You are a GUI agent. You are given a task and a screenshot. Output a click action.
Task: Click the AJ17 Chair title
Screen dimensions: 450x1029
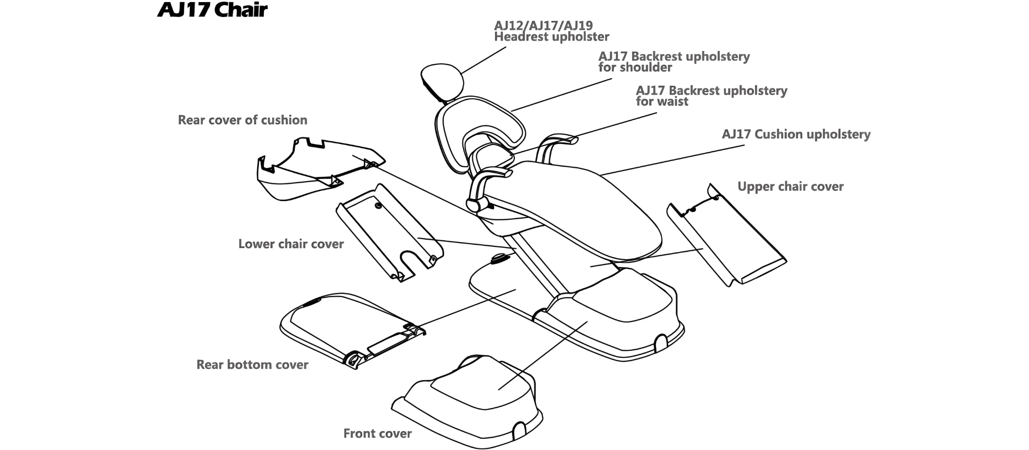tap(212, 10)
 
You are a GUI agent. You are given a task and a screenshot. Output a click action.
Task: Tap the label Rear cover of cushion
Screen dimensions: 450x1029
tap(242, 120)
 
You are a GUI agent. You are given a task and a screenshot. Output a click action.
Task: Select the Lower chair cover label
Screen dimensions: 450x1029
tap(291, 244)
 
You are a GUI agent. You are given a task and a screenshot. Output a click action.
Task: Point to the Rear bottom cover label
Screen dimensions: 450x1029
tap(252, 365)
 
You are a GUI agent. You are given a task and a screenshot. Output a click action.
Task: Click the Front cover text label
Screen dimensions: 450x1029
tap(377, 434)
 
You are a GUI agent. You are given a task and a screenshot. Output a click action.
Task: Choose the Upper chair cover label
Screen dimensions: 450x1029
tap(790, 187)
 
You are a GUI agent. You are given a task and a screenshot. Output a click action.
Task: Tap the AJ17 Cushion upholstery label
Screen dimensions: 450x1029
tap(796, 134)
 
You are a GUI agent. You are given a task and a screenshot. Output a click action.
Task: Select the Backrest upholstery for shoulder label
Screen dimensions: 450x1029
tap(673, 62)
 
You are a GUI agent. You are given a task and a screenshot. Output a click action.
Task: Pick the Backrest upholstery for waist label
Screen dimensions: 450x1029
tap(711, 96)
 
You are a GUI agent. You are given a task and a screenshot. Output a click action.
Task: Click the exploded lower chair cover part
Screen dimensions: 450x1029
tap(388, 231)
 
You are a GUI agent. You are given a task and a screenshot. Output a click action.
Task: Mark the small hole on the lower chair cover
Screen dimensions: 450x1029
tap(379, 205)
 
